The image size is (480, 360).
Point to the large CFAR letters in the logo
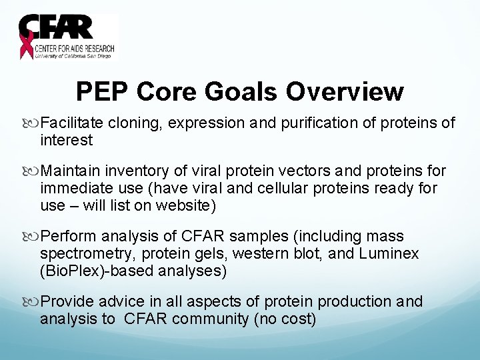57,29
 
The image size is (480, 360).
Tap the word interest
66,140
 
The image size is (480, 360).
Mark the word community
211,319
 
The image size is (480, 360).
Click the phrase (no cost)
285,319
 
